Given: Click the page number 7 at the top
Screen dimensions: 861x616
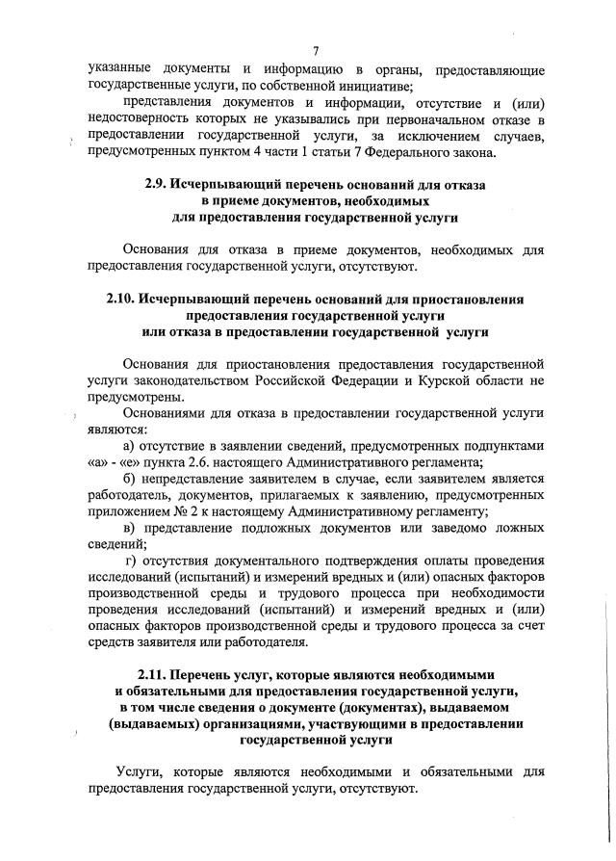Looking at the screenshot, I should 315,50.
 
